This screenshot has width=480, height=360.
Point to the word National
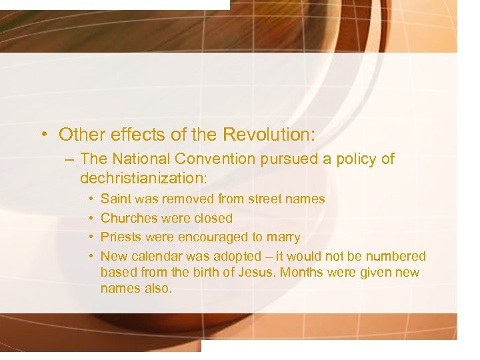pyautogui.click(x=142, y=159)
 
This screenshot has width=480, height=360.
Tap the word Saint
pyautogui.click(x=116, y=199)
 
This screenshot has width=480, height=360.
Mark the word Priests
pyautogui.click(x=121, y=237)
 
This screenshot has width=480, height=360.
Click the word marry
pyautogui.click(x=283, y=238)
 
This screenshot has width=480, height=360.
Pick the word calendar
pyautogui.click(x=157, y=257)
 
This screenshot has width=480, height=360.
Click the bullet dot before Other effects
pyautogui.click(x=42, y=135)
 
